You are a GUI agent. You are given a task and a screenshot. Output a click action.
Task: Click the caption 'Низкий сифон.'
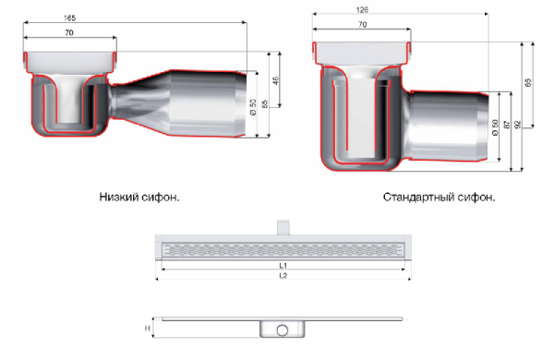click(x=138, y=197)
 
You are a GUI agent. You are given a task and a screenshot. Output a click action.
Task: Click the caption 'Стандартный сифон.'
click(x=438, y=198)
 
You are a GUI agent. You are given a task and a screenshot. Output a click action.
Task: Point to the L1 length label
click(x=283, y=265)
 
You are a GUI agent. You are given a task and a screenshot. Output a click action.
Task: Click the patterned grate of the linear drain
click(x=283, y=248)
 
